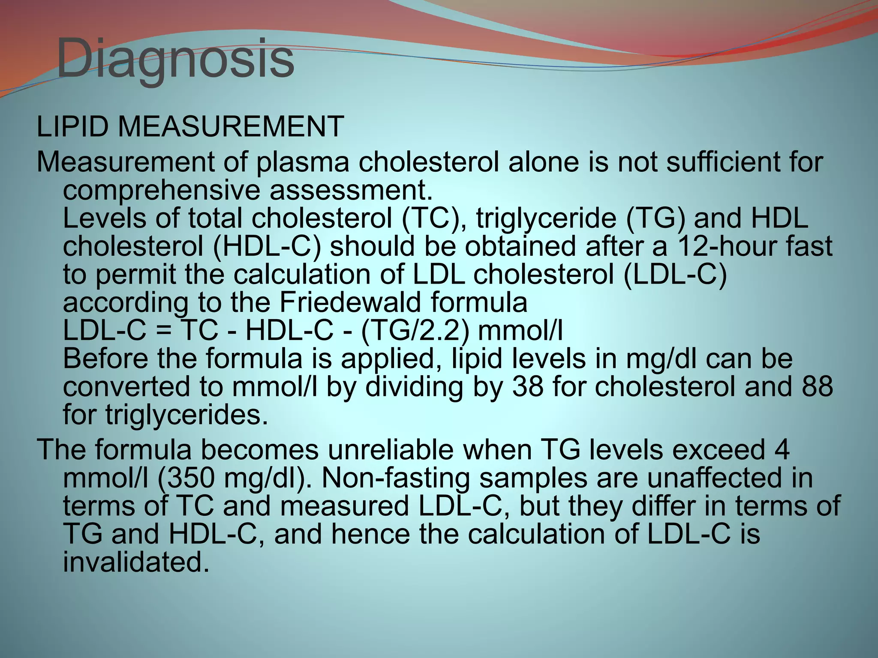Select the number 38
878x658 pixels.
coord(528,386)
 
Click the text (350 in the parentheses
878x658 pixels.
coord(185,479)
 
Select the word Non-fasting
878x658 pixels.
coord(395,479)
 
